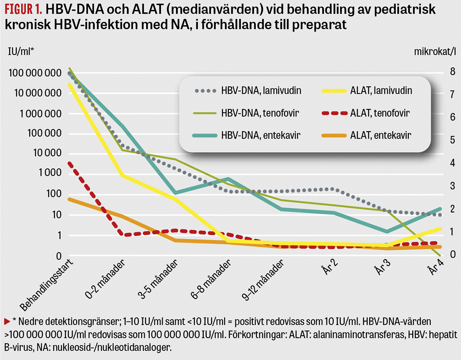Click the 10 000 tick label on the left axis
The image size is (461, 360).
click(46, 153)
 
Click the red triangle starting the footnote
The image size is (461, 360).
click(7, 321)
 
